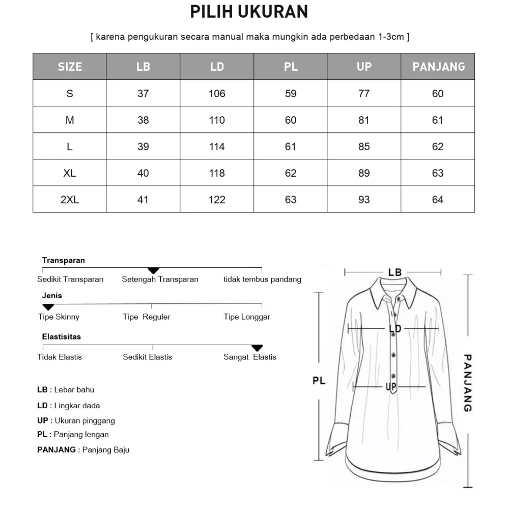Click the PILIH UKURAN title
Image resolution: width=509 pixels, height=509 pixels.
(x=249, y=12)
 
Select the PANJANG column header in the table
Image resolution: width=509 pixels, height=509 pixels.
(x=438, y=67)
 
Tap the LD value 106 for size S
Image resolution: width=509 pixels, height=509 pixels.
(x=217, y=94)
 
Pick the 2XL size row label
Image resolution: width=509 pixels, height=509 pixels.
(x=70, y=200)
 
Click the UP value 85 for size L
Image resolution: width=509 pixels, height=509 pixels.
(x=364, y=147)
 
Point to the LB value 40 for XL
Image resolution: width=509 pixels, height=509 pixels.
(x=143, y=173)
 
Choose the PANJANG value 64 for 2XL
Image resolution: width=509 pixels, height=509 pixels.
(x=438, y=200)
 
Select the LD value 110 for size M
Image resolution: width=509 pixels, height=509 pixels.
(x=217, y=120)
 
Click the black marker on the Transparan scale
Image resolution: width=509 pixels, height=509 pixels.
(x=153, y=270)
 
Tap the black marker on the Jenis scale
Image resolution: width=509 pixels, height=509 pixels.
(x=48, y=307)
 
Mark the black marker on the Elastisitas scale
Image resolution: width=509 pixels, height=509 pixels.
(x=257, y=348)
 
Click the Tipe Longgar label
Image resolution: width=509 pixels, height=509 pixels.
(x=247, y=317)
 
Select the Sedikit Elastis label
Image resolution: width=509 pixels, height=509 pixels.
(x=147, y=357)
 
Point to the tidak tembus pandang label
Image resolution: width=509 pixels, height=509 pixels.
(x=262, y=279)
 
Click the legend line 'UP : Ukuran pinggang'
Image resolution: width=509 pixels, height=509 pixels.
(x=76, y=420)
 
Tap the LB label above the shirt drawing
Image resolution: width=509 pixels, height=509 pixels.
(x=395, y=272)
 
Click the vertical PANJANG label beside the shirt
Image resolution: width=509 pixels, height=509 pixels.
(x=468, y=383)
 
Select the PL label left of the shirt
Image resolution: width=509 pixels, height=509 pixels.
(x=319, y=380)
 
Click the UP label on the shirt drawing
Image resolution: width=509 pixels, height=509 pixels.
(x=391, y=387)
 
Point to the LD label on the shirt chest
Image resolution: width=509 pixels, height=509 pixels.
(x=395, y=329)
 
